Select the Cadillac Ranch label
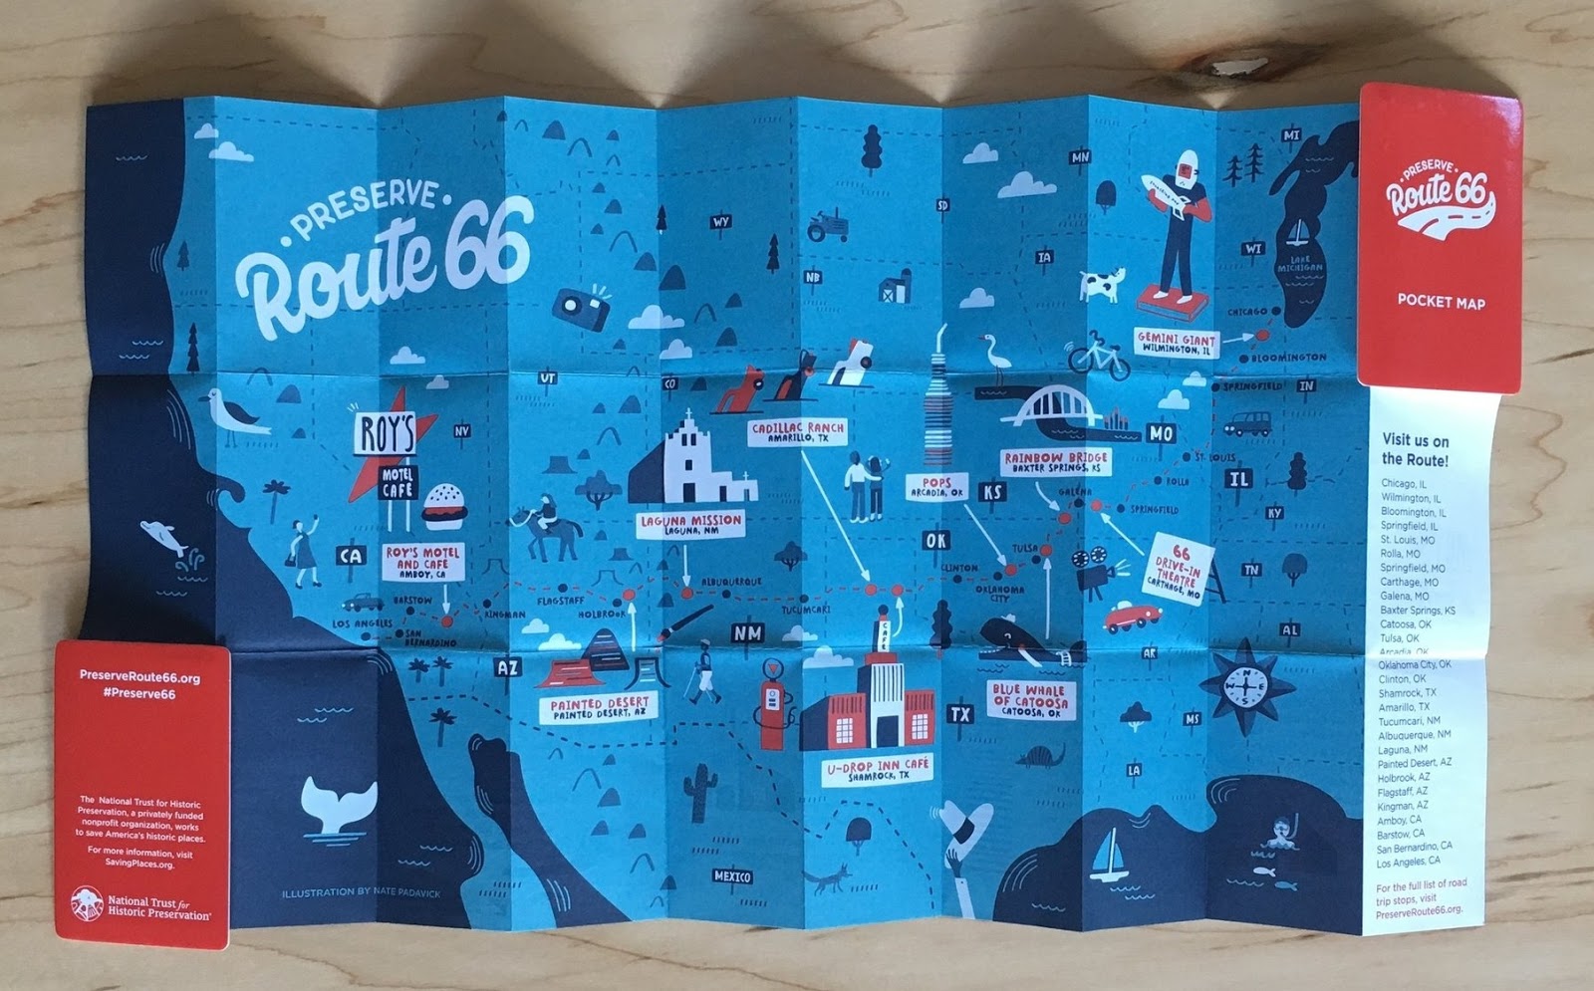798,432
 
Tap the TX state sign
959,714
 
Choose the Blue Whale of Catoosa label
1028,700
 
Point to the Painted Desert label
599,708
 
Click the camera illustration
582,309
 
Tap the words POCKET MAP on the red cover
1440,301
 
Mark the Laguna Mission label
690,524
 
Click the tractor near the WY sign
827,225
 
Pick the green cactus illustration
701,792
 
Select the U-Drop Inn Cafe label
877,769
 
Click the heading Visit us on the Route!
1415,449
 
